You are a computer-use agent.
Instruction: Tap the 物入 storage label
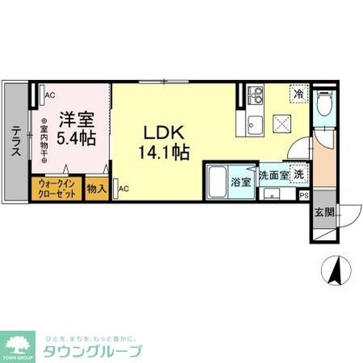(96, 189)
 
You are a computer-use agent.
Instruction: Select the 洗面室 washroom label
(272, 174)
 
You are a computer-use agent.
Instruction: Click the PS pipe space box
(304, 194)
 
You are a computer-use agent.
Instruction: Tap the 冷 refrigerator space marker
(298, 94)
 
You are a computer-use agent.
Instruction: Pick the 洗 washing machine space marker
(298, 174)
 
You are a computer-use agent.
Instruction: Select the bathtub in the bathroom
(217, 181)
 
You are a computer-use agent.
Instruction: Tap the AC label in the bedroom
(49, 95)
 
